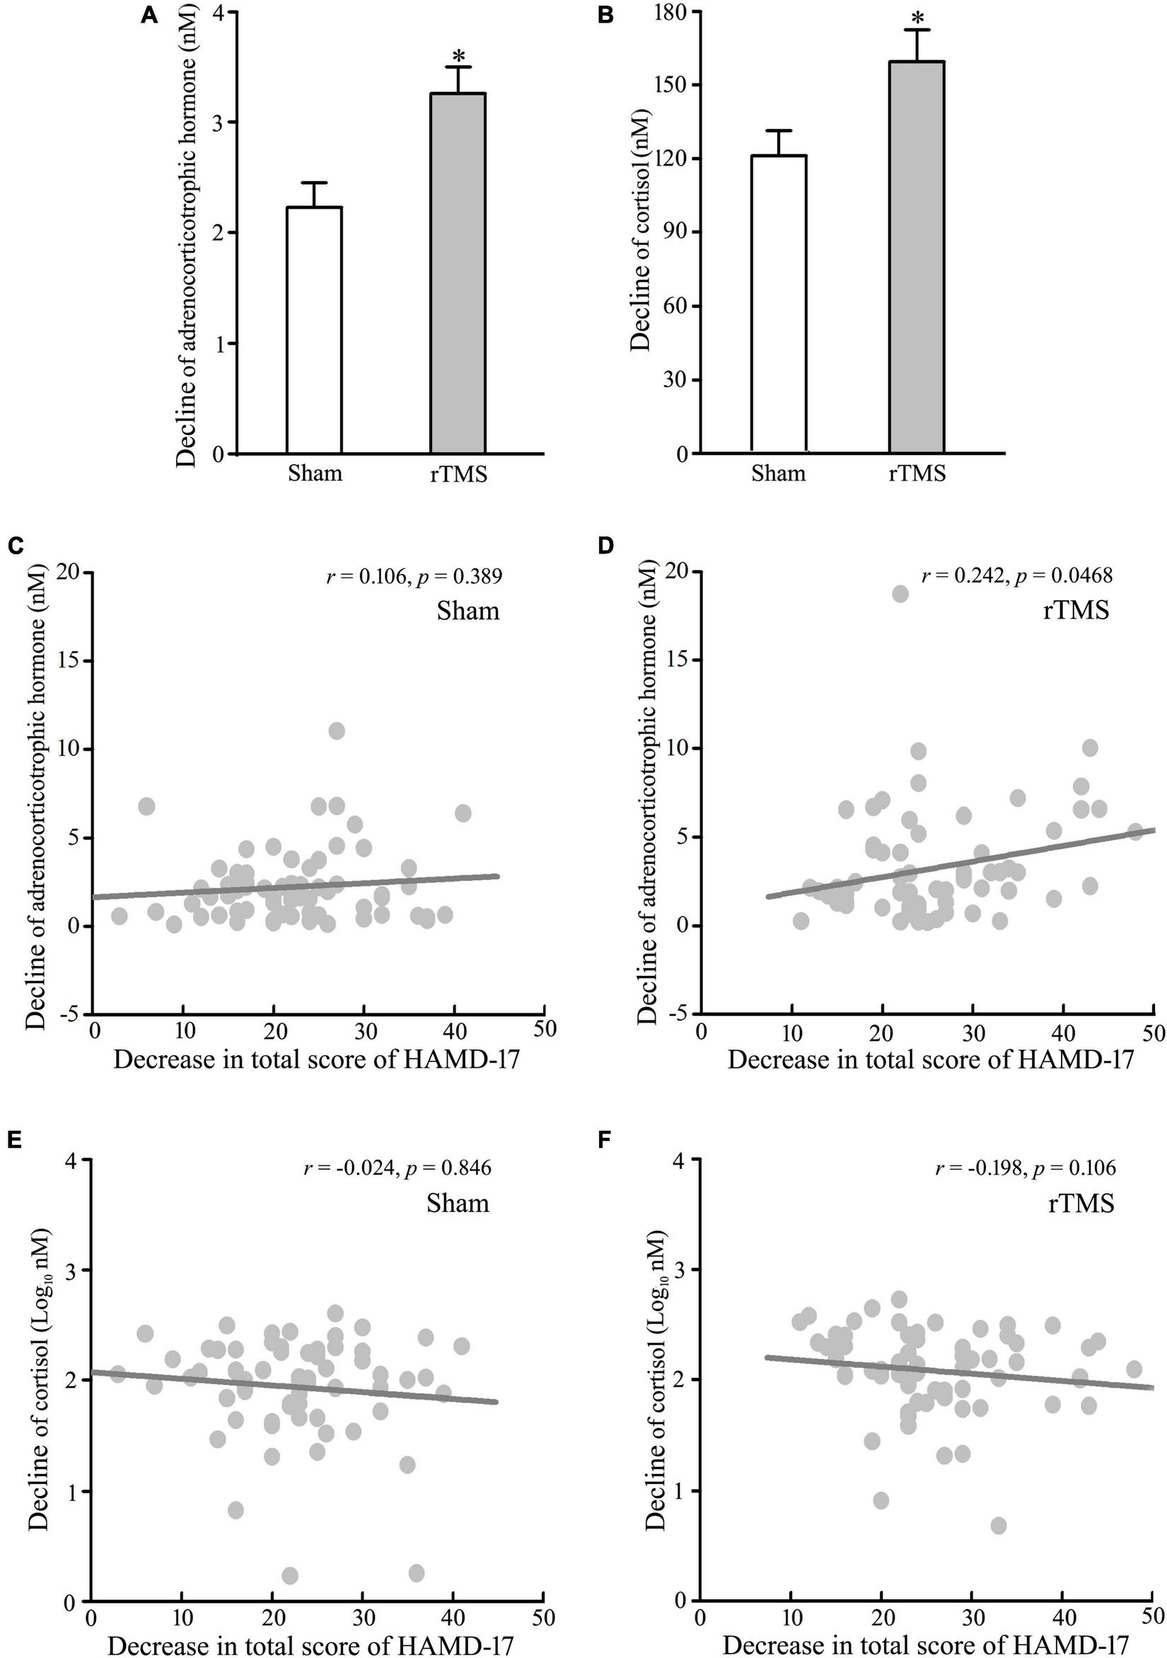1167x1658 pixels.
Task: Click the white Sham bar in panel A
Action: point(314,330)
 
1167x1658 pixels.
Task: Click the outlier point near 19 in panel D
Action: point(900,594)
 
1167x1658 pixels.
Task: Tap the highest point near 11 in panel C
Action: point(337,731)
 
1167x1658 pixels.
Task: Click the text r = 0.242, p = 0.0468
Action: point(1017,575)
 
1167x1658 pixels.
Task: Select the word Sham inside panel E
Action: point(457,1203)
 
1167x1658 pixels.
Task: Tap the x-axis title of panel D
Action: point(930,1059)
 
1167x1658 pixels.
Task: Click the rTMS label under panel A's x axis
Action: point(455,474)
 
